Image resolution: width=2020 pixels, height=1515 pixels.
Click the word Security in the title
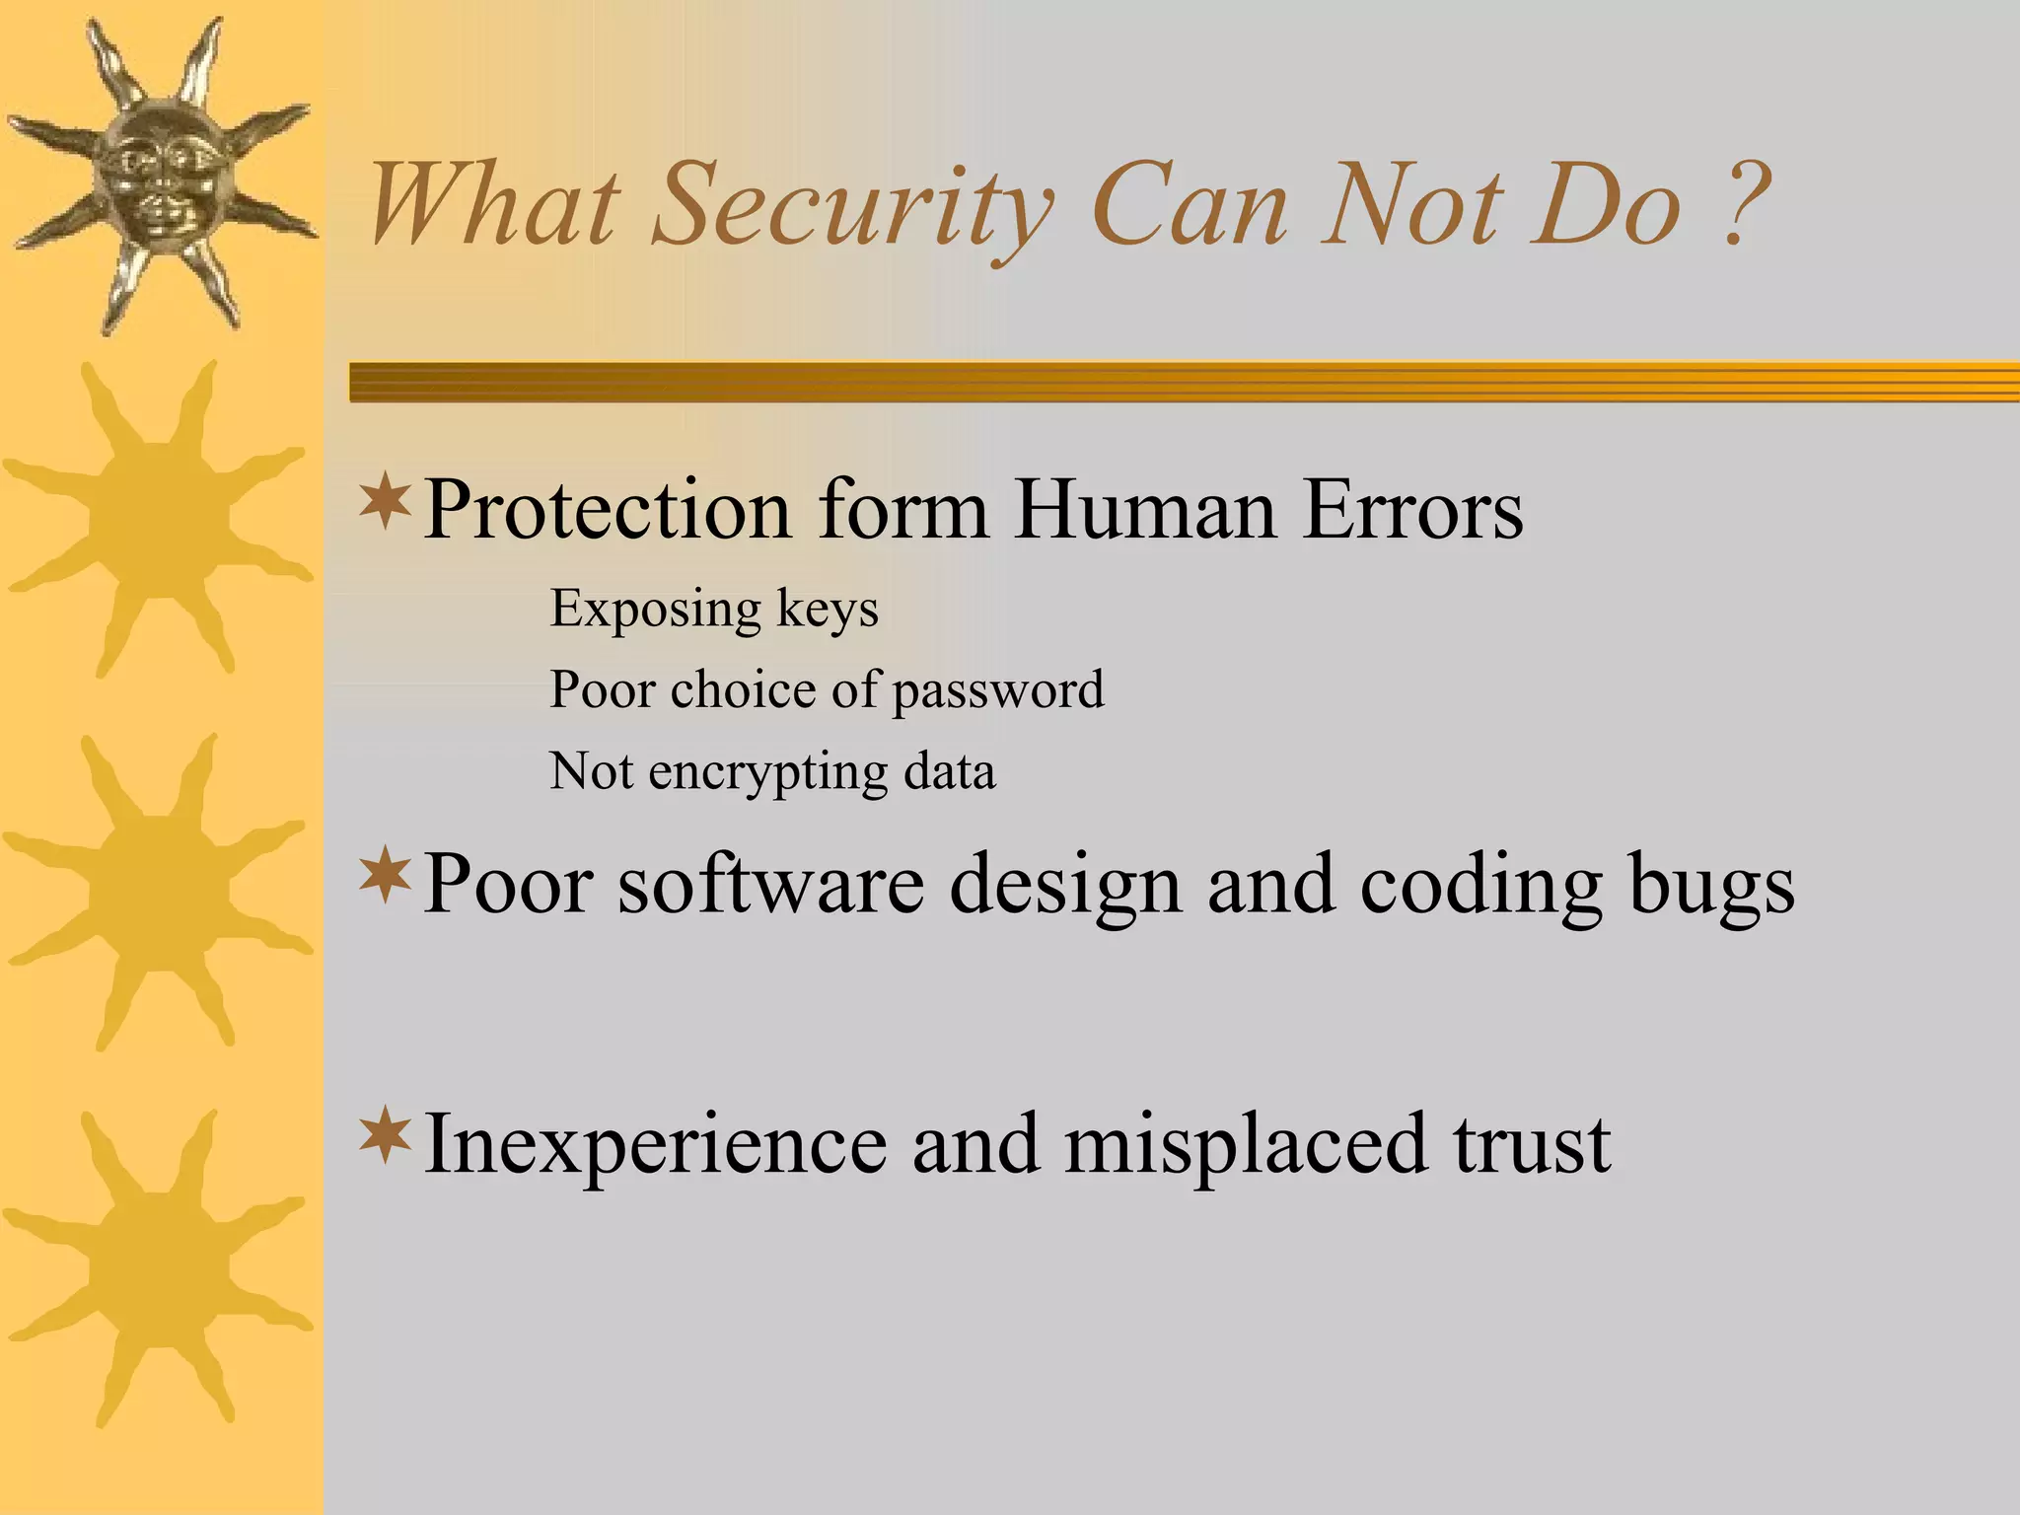[x=852, y=207]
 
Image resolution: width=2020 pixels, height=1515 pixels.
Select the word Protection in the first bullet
[x=607, y=510]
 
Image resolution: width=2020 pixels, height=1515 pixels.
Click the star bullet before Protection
[x=385, y=501]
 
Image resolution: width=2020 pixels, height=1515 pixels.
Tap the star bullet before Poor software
[x=385, y=875]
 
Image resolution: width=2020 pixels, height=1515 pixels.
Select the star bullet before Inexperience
[x=385, y=1134]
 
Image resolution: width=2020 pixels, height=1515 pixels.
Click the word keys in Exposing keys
[x=827, y=609]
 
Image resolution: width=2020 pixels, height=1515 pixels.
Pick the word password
[x=997, y=689]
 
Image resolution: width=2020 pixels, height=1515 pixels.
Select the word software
[x=770, y=884]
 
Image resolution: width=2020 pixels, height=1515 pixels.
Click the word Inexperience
[x=655, y=1144]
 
